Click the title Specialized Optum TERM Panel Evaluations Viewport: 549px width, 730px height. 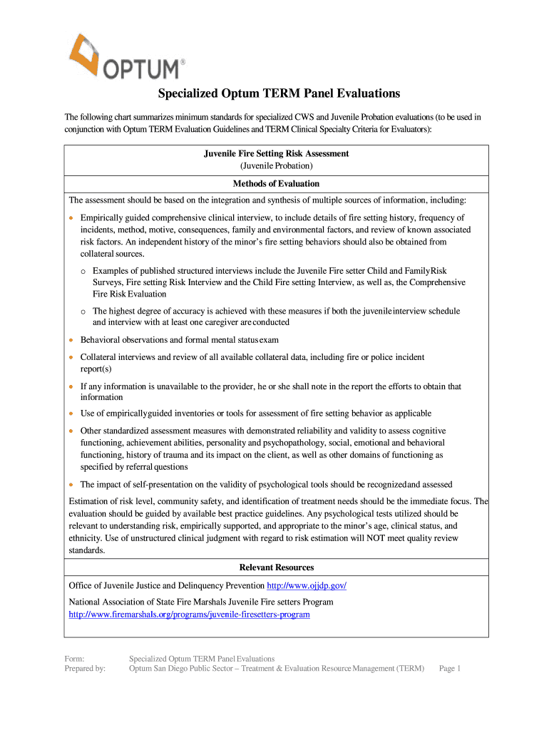279,93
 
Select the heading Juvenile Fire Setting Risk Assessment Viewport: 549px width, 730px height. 276,153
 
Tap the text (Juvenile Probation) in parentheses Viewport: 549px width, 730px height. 276,166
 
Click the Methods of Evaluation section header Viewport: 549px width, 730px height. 276,183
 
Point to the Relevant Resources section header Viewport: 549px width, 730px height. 276,567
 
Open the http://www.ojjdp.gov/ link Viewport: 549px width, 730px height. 307,586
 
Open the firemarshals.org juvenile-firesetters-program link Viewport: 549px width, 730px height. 189,614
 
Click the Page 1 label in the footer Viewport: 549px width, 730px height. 451,669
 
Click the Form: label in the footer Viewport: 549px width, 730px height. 75,659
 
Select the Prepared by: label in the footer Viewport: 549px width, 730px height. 85,669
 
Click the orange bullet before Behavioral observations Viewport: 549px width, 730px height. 71,340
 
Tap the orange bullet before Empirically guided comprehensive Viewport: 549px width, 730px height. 71,217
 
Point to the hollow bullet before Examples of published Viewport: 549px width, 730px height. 83,272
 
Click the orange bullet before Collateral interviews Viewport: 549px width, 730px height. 71,357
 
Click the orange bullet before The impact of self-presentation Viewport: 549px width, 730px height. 71,485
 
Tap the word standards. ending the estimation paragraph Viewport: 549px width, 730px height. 86,550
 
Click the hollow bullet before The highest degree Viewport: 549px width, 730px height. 83,312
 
